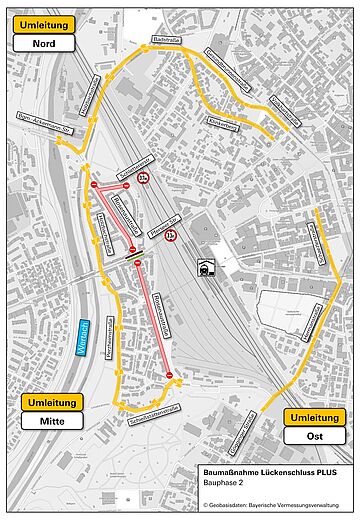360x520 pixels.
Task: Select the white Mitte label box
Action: coord(50,423)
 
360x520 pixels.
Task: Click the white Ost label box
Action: coord(314,436)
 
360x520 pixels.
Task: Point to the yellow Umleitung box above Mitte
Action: coord(50,403)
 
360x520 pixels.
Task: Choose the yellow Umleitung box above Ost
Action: coord(314,416)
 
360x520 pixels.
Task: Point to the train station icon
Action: coord(205,268)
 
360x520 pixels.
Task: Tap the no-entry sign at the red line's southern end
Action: coord(170,375)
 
